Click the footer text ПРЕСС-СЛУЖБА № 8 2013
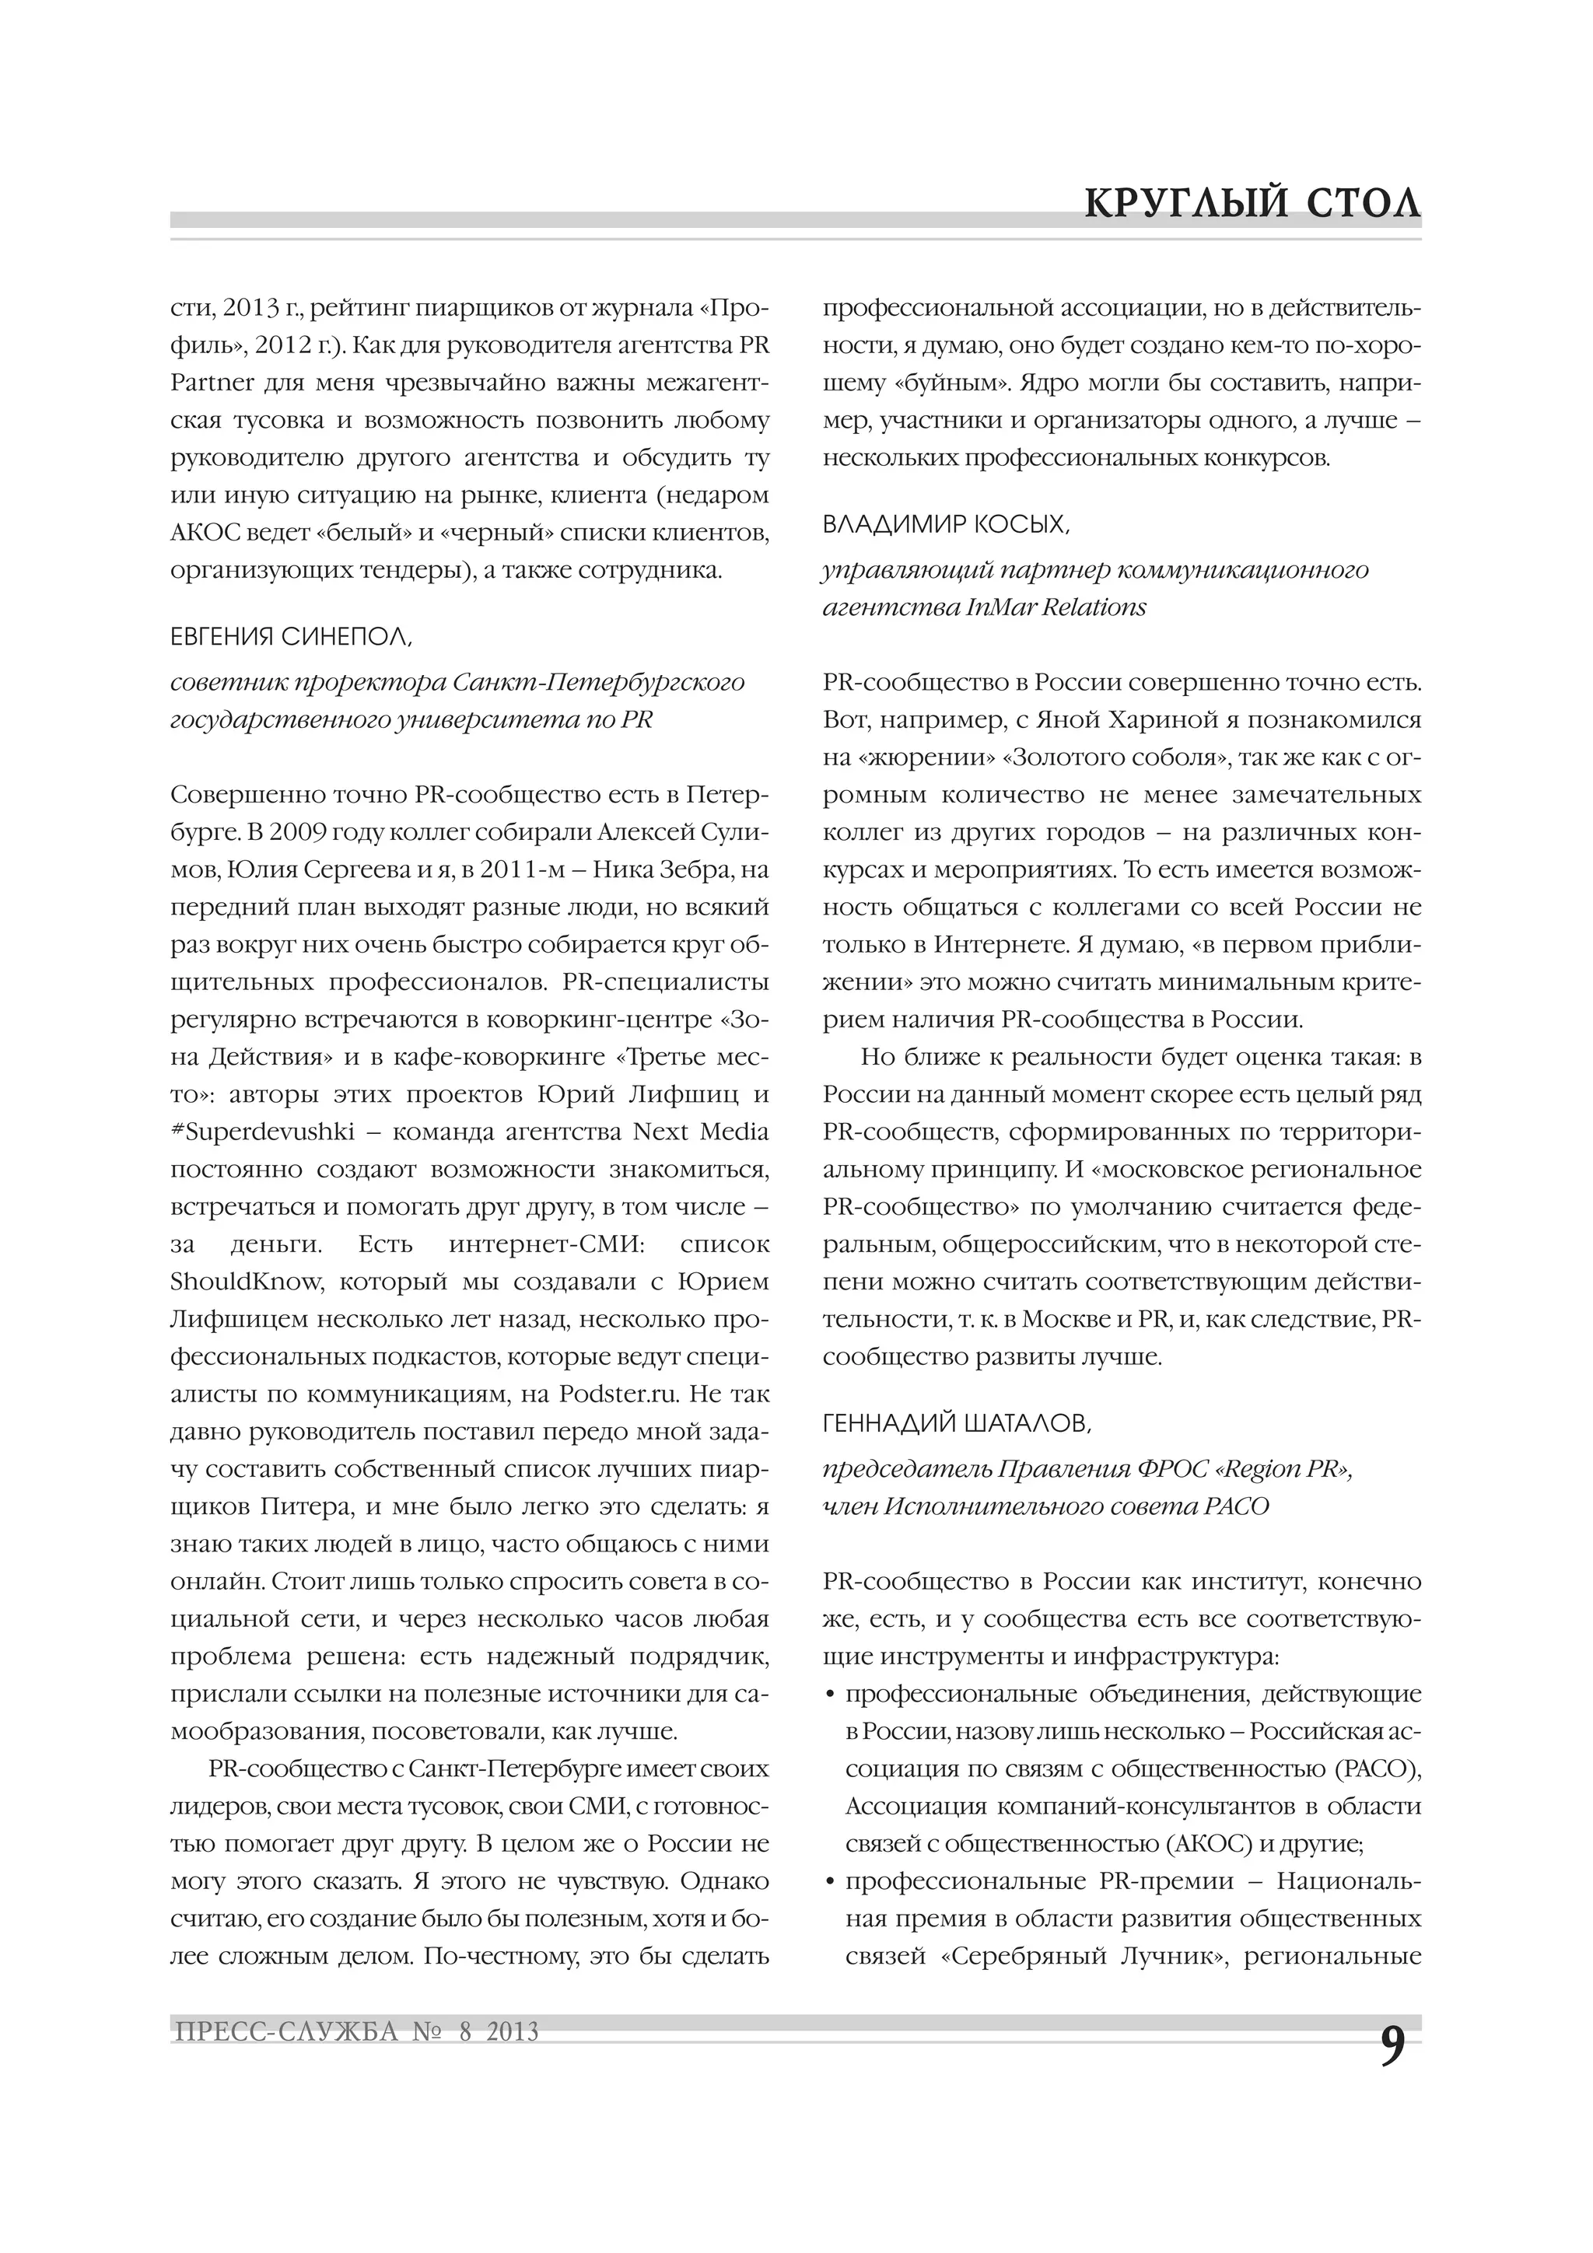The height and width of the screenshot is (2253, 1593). (355, 2031)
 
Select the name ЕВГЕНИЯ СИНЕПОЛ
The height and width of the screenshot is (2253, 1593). (292, 637)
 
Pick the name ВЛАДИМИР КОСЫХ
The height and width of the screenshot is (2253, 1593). (945, 525)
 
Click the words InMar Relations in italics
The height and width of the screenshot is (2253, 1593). (1056, 607)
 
